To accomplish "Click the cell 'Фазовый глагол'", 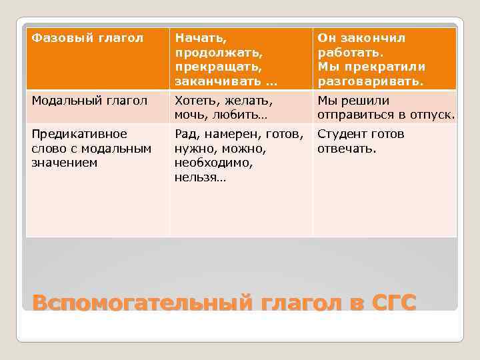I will (x=88, y=38).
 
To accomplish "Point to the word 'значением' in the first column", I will (x=65, y=162).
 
